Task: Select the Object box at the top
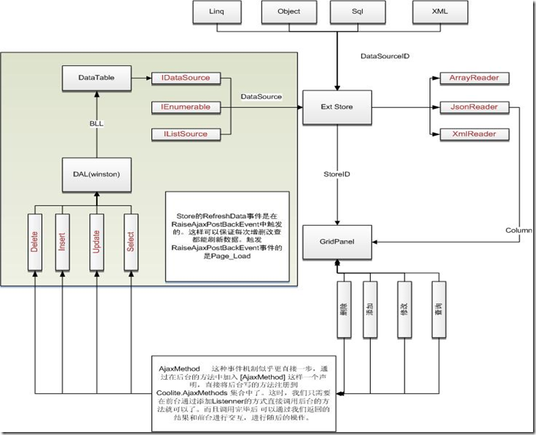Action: click(289, 12)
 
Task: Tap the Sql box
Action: click(358, 12)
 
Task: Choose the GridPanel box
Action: click(338, 241)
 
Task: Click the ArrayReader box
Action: click(469, 78)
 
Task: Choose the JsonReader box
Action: click(469, 107)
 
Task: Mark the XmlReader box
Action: click(469, 134)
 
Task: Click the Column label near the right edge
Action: click(519, 231)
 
